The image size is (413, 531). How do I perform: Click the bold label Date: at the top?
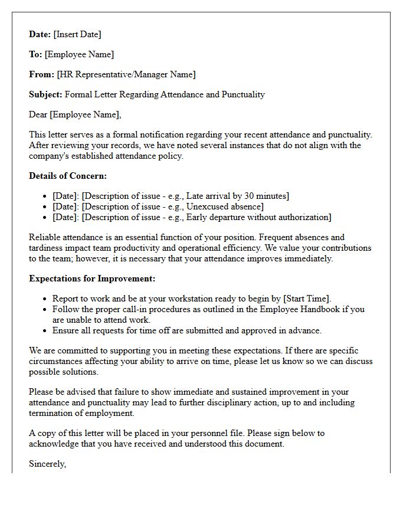click(40, 34)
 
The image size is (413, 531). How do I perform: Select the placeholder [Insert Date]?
click(77, 34)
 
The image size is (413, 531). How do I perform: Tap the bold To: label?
click(35, 54)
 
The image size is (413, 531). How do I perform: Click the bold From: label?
click(41, 74)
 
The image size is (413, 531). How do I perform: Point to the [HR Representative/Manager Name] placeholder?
click(126, 74)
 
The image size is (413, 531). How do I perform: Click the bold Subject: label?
click(45, 94)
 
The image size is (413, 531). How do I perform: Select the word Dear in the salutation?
click(38, 114)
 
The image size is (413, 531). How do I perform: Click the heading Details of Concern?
click(68, 176)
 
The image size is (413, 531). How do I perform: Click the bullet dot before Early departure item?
click(45, 218)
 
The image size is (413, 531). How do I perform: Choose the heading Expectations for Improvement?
click(92, 278)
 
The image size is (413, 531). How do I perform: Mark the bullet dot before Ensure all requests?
click(45, 331)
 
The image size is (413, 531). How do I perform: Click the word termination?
click(51, 413)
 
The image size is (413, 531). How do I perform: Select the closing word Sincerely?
click(47, 464)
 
